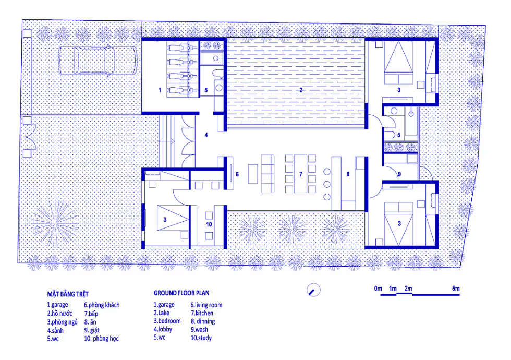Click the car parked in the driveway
(98, 61)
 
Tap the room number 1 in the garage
(160, 90)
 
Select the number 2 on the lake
(301, 90)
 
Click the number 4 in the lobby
(206, 135)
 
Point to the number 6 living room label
(237, 174)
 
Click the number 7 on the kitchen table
(301, 174)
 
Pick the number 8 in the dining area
(348, 174)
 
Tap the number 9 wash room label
(399, 174)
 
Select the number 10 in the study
(209, 224)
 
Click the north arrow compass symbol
(313, 290)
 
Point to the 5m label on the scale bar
(456, 288)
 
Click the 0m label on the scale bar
(378, 288)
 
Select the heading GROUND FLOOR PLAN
(181, 293)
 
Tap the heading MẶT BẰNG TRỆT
(68, 294)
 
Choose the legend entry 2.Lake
(162, 313)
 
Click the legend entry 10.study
(201, 338)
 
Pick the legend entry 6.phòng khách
(102, 305)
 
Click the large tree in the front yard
(55, 223)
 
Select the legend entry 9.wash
(199, 329)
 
